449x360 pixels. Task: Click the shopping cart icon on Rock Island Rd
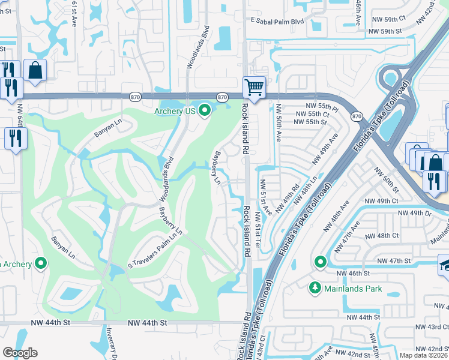pos(254,88)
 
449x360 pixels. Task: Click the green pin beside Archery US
pos(205,110)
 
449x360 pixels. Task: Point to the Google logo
pos(20,352)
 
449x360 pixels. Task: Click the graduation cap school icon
pos(444,265)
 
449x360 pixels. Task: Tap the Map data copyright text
pos(424,355)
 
